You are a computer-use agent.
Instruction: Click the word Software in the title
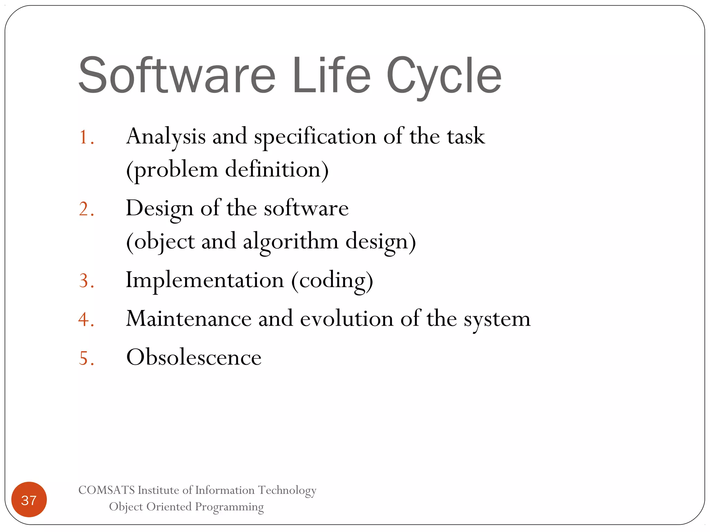pyautogui.click(x=177, y=75)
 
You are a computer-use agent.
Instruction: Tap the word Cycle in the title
pyautogui.click(x=444, y=76)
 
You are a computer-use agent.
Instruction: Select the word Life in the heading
pyautogui.click(x=331, y=75)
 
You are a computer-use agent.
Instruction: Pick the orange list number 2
pyautogui.click(x=86, y=209)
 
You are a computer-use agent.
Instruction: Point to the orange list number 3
pyautogui.click(x=86, y=281)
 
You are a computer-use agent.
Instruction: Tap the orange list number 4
pyautogui.click(x=86, y=319)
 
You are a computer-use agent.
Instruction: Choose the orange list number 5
pyautogui.click(x=86, y=358)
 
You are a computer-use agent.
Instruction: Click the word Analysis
pyautogui.click(x=166, y=136)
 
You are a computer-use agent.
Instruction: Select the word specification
pyautogui.click(x=315, y=137)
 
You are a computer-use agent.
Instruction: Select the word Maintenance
pyautogui.click(x=189, y=319)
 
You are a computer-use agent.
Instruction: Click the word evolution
pyautogui.click(x=346, y=319)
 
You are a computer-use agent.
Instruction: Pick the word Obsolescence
pyautogui.click(x=194, y=357)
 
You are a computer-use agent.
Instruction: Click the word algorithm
pyautogui.click(x=291, y=242)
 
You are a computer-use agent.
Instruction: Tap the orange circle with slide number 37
pyautogui.click(x=29, y=500)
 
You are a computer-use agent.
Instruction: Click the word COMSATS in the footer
pyautogui.click(x=106, y=490)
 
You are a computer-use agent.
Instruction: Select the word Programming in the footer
pyautogui.click(x=229, y=507)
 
